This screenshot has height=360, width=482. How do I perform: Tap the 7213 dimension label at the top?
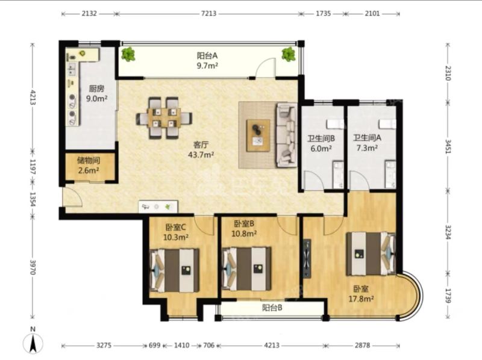click(x=208, y=13)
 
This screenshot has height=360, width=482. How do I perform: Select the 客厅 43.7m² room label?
click(x=201, y=149)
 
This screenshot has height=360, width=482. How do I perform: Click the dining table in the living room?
click(x=164, y=118)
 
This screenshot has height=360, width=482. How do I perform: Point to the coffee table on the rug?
click(x=258, y=135)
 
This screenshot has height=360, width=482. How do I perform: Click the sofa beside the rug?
click(x=287, y=135)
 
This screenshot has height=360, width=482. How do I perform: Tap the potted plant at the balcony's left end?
click(x=128, y=54)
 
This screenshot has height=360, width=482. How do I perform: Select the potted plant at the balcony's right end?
click(x=289, y=54)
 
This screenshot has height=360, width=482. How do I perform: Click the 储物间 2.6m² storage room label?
click(x=89, y=166)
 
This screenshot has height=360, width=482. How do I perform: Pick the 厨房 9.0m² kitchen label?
click(x=96, y=94)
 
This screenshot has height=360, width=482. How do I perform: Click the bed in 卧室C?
click(x=174, y=270)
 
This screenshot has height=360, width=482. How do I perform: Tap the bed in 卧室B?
click(x=246, y=268)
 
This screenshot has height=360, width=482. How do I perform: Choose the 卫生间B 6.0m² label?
click(x=321, y=143)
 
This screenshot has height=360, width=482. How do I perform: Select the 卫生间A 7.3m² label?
click(x=367, y=143)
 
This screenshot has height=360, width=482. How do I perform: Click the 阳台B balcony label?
click(x=272, y=308)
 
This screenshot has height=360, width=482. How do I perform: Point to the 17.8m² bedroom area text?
click(x=361, y=298)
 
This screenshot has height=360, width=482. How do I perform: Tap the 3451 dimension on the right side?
click(x=448, y=146)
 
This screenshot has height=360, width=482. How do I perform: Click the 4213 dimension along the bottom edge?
click(x=272, y=346)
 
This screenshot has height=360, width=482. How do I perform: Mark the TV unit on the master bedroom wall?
click(x=307, y=259)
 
